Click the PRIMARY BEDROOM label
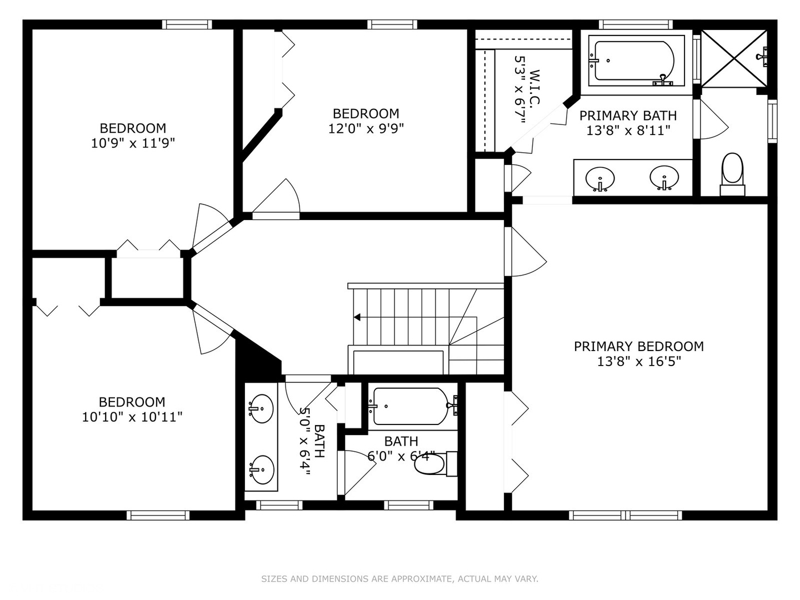point(638,347)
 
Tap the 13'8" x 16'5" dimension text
point(639,361)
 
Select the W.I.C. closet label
point(533,87)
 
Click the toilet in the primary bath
point(732,174)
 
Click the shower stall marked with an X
point(734,59)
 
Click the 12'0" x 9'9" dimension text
point(366,128)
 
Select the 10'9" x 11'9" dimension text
point(133,143)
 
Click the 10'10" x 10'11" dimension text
point(132,417)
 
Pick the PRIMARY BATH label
point(628,116)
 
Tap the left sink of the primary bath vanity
point(600,179)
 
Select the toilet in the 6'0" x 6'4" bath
point(436,464)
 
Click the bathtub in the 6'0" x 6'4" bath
point(412,406)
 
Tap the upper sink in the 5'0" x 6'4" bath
point(261,408)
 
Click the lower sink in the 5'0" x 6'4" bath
point(262,470)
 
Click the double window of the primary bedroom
point(626,515)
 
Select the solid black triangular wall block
point(255,359)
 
